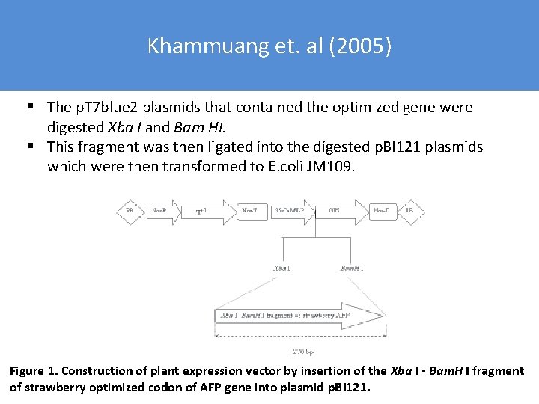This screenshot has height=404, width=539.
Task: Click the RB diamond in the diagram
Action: (x=130, y=212)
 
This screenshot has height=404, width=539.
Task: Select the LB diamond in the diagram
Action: (x=409, y=212)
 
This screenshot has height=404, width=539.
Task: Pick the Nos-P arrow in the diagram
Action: (x=160, y=212)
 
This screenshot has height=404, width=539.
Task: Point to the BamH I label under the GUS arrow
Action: (x=352, y=267)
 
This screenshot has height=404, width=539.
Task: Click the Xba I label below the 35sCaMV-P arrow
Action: (x=282, y=267)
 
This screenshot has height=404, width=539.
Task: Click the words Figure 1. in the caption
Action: (x=34, y=371)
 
